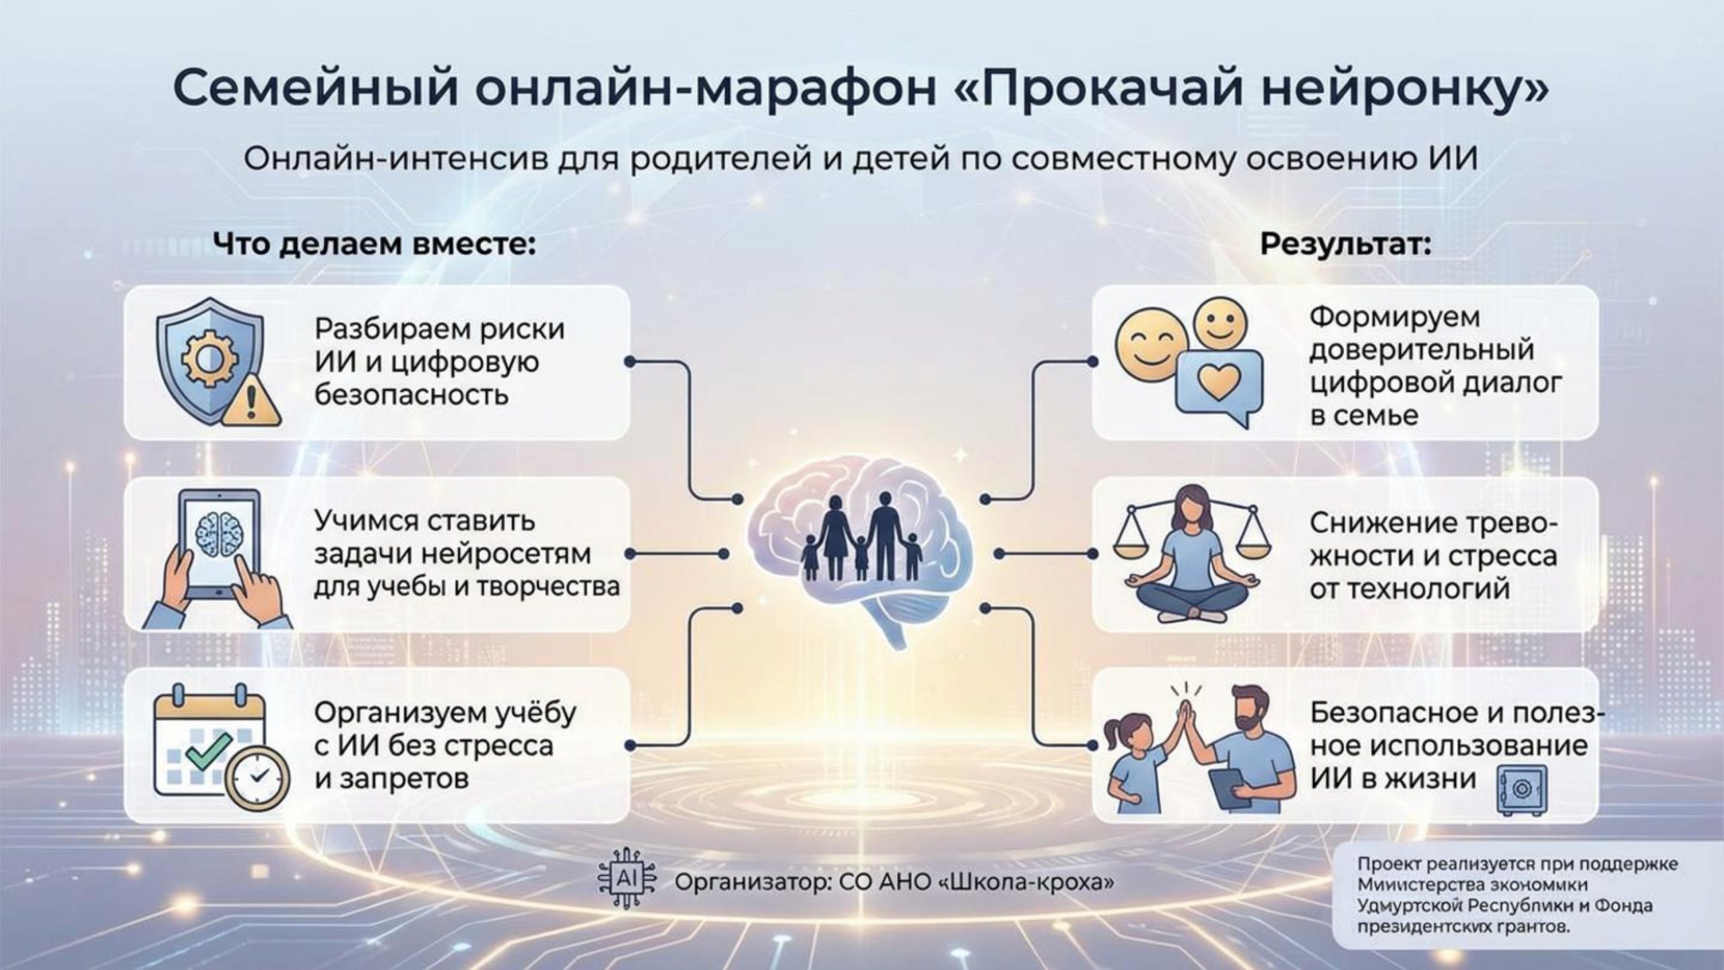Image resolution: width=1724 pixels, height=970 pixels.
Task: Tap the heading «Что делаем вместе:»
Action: pos(375,244)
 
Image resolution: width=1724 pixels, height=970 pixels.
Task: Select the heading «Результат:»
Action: pos(1346,244)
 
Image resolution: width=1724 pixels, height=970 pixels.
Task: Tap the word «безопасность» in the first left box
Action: pos(411,395)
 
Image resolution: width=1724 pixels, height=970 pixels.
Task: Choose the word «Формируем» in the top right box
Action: pos(1395,318)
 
